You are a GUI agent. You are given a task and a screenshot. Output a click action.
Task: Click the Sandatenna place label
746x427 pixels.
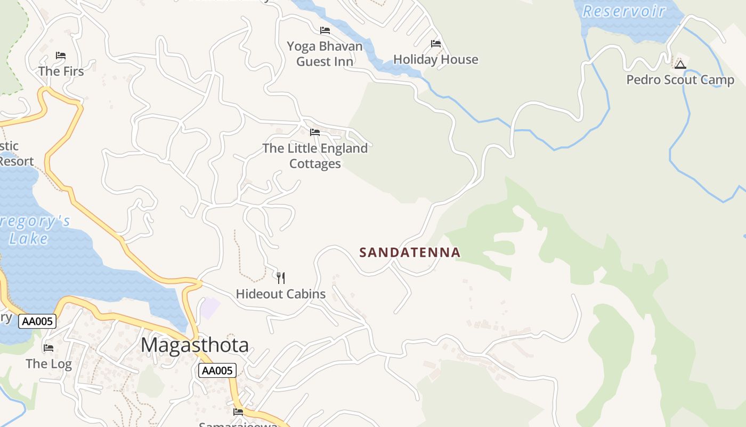[x=409, y=252]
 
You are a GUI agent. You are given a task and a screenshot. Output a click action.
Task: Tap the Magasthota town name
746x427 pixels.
[x=194, y=345]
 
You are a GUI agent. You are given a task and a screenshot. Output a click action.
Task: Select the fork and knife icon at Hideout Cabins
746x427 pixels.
[x=281, y=278]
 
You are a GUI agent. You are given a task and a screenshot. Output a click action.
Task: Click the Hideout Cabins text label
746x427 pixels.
[x=280, y=294]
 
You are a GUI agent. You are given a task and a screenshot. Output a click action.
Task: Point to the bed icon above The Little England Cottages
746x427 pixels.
[x=315, y=132]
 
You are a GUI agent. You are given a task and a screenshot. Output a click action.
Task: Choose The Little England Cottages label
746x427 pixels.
[x=315, y=156]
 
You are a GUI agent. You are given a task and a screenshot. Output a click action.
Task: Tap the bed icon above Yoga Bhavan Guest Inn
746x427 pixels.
[x=325, y=30]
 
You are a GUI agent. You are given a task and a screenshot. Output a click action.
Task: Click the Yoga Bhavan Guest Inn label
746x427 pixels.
[x=325, y=54]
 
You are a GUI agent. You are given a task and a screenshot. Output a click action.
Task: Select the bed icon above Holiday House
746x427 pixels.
[x=436, y=44]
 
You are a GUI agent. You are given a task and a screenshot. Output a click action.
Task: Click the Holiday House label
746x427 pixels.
[x=435, y=59]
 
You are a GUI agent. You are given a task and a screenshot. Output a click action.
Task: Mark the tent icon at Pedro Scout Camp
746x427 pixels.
[x=680, y=65]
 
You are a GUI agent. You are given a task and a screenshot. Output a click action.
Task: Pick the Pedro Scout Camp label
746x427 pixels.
[x=680, y=80]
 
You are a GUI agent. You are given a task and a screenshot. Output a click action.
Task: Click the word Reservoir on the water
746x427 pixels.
[x=623, y=11]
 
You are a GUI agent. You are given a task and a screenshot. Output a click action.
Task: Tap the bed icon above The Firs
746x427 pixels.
[x=61, y=56]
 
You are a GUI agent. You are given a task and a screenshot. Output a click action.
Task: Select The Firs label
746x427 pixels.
[x=61, y=71]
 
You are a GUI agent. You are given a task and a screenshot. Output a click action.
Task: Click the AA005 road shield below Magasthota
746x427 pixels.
[x=217, y=370]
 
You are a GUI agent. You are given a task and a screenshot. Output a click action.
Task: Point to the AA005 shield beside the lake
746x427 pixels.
[x=37, y=321]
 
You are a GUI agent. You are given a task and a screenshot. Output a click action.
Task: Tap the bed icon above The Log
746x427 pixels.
[x=48, y=348]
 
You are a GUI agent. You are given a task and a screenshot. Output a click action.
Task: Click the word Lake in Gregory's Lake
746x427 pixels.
[x=28, y=239]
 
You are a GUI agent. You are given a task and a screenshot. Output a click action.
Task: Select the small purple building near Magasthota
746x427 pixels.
[x=210, y=308]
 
